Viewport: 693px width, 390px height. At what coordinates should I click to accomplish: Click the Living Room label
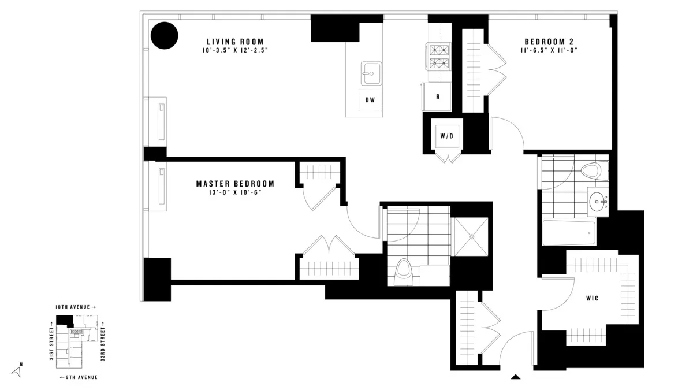(235, 42)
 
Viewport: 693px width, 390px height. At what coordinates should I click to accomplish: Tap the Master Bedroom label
(235, 184)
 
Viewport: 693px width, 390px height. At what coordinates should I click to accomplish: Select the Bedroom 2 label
(553, 42)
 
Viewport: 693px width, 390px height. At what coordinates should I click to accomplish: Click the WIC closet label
(592, 298)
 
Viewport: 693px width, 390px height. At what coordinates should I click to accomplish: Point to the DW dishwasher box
(370, 100)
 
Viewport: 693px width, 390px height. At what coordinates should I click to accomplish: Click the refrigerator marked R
(437, 96)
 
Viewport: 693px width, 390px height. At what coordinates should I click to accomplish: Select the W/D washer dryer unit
(446, 136)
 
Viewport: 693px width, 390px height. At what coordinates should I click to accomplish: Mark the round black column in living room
(165, 35)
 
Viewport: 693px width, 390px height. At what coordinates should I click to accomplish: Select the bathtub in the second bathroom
(569, 233)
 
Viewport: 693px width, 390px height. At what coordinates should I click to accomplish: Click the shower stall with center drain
(471, 236)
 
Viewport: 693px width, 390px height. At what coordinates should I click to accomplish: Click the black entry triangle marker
(516, 377)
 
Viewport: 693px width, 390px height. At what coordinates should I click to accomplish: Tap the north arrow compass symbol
(16, 372)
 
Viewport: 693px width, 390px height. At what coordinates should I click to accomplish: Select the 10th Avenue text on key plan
(76, 307)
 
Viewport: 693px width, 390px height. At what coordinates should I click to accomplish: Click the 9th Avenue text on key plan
(79, 377)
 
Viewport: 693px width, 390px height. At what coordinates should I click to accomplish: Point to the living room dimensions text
(235, 51)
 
